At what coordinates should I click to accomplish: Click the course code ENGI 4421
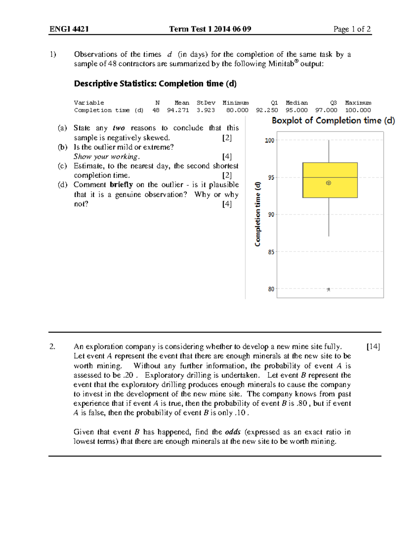(x=69, y=29)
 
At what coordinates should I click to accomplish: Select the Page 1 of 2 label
(x=352, y=29)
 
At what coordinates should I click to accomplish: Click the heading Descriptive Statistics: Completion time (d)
(x=155, y=84)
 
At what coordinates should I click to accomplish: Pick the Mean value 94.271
(x=178, y=110)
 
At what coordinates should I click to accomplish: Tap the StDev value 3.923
(x=205, y=110)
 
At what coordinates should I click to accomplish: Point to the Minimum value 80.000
(x=237, y=110)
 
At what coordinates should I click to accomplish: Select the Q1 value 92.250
(x=267, y=110)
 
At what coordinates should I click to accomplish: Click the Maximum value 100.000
(x=358, y=110)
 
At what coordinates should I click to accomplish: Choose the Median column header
(x=296, y=103)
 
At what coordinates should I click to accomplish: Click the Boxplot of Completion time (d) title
(x=333, y=121)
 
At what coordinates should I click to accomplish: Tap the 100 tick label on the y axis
(x=269, y=141)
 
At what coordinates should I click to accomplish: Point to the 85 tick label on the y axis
(x=271, y=252)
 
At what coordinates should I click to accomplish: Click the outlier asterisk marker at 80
(x=328, y=289)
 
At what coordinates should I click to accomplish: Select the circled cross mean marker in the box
(x=328, y=183)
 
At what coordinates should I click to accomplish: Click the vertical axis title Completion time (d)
(x=258, y=214)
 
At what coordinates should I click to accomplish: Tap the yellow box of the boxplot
(x=315, y=189)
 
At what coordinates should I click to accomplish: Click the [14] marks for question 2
(x=373, y=346)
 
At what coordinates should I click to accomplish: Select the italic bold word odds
(x=232, y=432)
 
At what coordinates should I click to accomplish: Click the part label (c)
(x=62, y=166)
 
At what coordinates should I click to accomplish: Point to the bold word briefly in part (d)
(x=121, y=185)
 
